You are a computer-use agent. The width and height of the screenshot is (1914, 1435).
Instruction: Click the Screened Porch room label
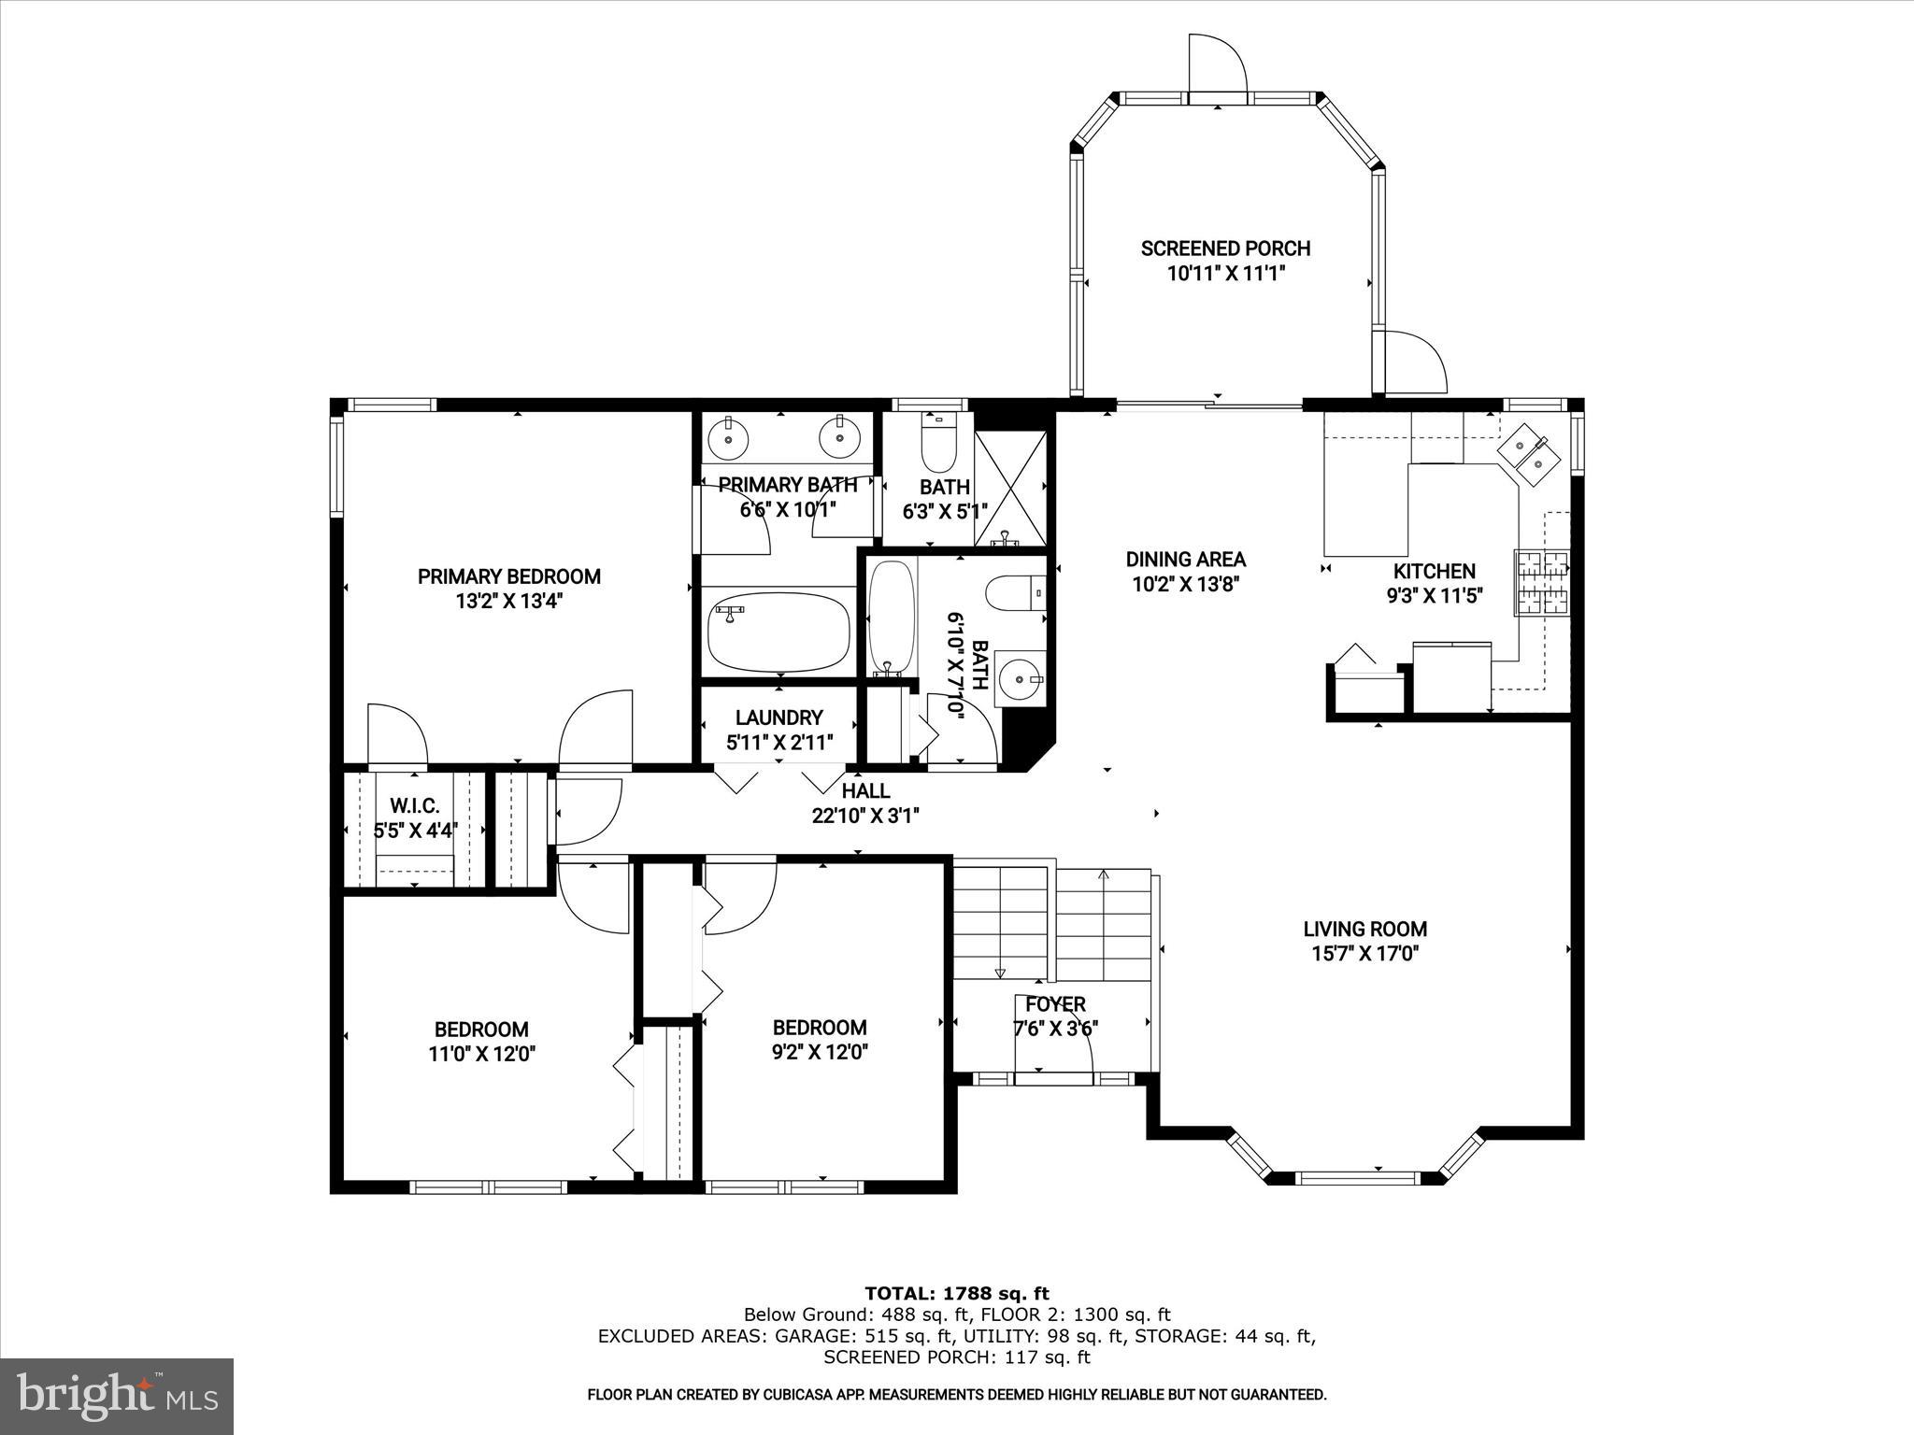tap(1225, 249)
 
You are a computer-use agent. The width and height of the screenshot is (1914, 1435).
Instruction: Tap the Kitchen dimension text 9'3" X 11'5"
tap(1435, 596)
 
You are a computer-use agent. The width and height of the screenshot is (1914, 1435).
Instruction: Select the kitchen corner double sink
tap(1529, 453)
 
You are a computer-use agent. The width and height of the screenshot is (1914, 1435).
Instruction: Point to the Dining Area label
tap(1185, 560)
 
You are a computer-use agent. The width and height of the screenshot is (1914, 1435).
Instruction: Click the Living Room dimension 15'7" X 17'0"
tap(1364, 954)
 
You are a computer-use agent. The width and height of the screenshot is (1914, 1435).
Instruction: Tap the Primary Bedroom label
tap(508, 576)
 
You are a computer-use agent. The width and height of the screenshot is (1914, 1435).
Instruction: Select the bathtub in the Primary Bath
tap(778, 632)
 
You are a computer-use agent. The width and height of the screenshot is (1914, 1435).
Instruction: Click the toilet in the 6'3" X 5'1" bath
tap(938, 445)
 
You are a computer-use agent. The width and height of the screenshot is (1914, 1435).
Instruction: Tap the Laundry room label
tap(778, 717)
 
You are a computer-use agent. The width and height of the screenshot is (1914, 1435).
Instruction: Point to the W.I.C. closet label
tap(414, 805)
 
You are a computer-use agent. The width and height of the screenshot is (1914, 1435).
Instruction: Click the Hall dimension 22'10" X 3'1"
tap(865, 816)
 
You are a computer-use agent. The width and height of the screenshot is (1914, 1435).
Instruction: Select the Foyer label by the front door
tap(1055, 1004)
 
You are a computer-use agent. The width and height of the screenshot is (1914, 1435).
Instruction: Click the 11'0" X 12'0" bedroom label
tap(481, 1030)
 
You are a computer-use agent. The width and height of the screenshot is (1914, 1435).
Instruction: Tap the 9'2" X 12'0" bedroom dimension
tap(820, 1052)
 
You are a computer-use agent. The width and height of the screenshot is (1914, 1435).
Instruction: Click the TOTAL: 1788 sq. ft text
tap(956, 1294)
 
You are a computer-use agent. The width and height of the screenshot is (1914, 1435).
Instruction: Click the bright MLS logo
tap(117, 1396)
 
